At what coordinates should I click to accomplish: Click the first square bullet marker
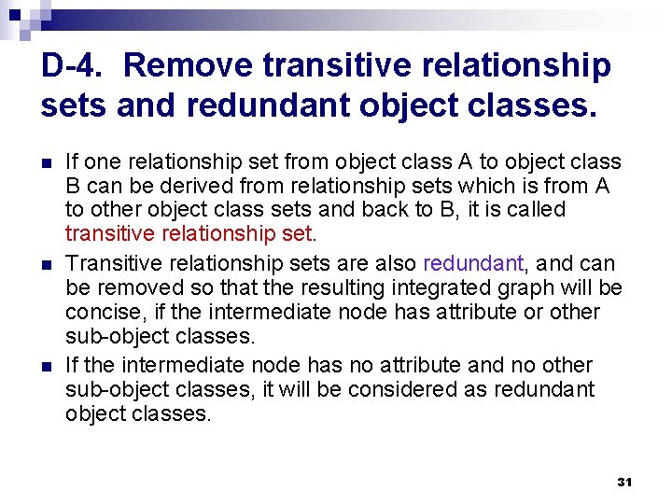[x=47, y=163]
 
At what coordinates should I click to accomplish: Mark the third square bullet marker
[x=47, y=366]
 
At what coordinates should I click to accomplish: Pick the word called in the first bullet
[x=535, y=209]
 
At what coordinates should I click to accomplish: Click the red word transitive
[x=109, y=234]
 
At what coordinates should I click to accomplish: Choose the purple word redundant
[x=472, y=263]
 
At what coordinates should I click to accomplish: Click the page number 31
[x=624, y=483]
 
